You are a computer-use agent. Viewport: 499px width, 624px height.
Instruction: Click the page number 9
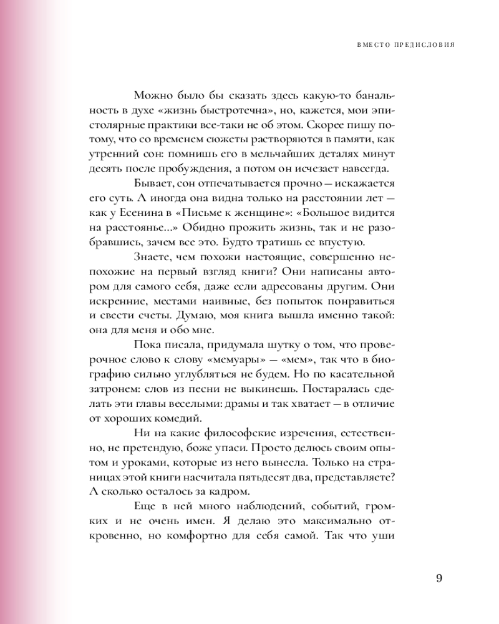click(439, 577)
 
